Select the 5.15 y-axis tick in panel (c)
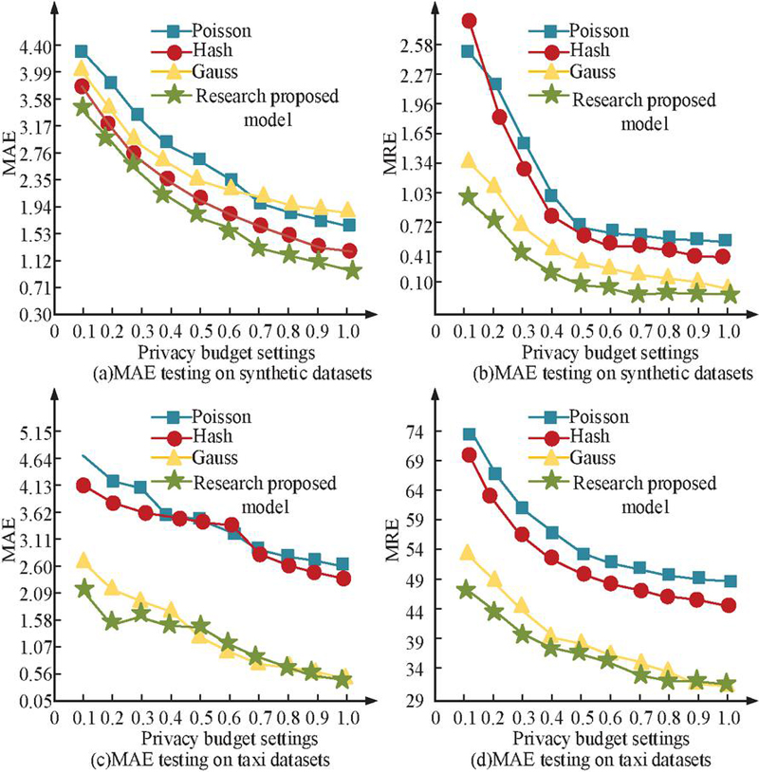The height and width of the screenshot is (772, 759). tap(32, 433)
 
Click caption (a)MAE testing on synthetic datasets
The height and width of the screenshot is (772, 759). tap(194, 373)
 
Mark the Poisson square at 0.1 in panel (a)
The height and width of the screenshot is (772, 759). tap(82, 51)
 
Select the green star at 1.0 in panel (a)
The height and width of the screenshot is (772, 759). tap(353, 270)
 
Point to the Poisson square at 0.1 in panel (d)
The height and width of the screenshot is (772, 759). tap(469, 434)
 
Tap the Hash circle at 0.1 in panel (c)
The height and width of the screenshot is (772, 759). tap(83, 486)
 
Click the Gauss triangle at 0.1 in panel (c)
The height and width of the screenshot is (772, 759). tap(83, 561)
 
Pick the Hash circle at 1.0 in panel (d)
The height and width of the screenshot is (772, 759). tap(729, 605)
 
